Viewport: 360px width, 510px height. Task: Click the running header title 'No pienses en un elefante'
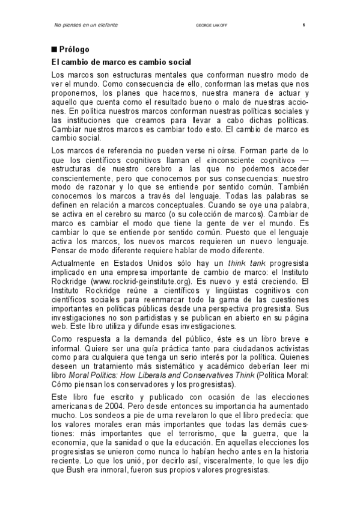85,25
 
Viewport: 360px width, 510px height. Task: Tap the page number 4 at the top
304,25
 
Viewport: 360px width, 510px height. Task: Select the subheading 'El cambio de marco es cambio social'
121,62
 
